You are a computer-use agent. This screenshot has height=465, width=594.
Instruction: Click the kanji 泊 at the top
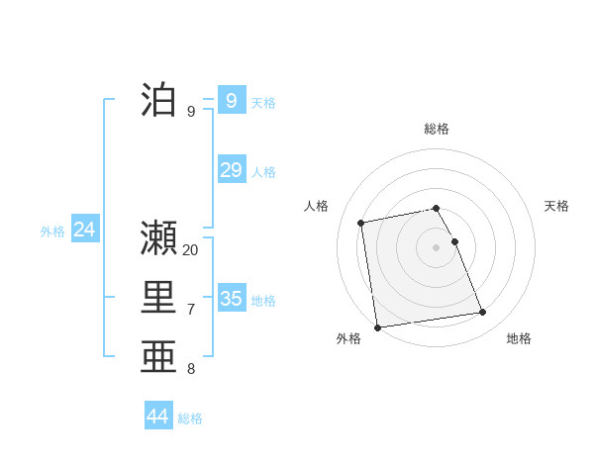(x=159, y=101)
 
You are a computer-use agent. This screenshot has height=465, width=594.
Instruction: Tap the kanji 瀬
(x=159, y=238)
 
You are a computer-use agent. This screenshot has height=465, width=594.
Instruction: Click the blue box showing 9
(x=231, y=100)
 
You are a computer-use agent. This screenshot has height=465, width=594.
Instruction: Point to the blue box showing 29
(x=231, y=169)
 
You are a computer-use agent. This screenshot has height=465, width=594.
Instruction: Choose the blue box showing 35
(x=231, y=298)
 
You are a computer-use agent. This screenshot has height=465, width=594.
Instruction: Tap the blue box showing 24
(x=84, y=230)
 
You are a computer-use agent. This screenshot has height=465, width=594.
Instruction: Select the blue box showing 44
(x=157, y=416)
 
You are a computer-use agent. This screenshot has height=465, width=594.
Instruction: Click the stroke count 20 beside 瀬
(x=190, y=250)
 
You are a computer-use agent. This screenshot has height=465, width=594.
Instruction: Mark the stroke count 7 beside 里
(x=190, y=310)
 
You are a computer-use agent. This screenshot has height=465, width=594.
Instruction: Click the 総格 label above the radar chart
(x=437, y=129)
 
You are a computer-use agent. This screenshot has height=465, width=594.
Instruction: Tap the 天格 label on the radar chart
(x=556, y=206)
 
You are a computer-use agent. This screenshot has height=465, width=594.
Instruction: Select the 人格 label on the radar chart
(x=316, y=206)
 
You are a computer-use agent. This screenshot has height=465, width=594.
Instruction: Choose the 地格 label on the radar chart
(x=519, y=338)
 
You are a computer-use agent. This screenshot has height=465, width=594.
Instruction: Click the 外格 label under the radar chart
(x=348, y=338)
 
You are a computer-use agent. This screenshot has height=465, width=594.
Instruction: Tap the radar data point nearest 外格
(x=377, y=326)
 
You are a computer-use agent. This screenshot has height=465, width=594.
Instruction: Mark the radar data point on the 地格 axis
(x=482, y=313)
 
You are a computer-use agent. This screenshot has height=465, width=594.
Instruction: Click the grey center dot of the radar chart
(x=437, y=247)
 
